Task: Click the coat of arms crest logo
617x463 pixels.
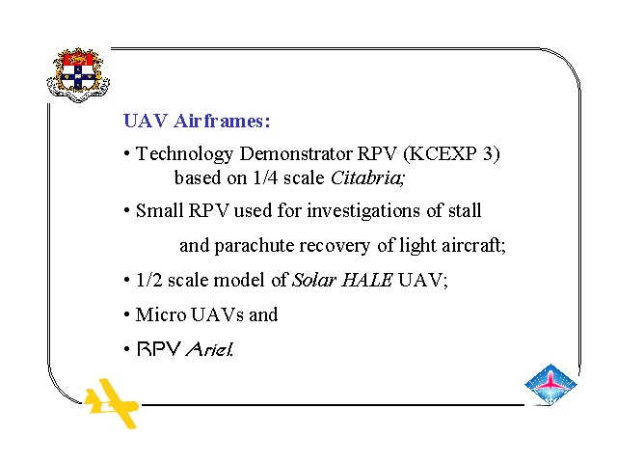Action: (x=78, y=75)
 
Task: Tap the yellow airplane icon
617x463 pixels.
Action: (x=112, y=403)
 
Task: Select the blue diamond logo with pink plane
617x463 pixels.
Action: (x=550, y=385)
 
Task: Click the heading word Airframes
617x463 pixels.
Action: (x=222, y=121)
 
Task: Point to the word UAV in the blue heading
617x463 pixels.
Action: (x=146, y=121)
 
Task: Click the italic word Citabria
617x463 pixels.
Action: (x=367, y=177)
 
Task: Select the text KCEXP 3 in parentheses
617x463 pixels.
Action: (x=452, y=153)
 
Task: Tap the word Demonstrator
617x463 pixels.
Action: (x=296, y=153)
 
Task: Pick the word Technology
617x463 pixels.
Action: (x=184, y=154)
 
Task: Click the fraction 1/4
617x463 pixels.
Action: (x=265, y=177)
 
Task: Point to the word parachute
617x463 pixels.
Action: (x=255, y=246)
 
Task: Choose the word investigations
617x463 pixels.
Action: (x=364, y=211)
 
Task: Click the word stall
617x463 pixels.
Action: (x=465, y=210)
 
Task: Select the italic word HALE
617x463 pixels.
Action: (x=367, y=281)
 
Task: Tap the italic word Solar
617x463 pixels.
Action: (x=314, y=281)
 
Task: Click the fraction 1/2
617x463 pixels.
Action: (x=149, y=281)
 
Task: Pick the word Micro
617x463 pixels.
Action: (x=161, y=314)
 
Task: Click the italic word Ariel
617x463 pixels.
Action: (x=209, y=349)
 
